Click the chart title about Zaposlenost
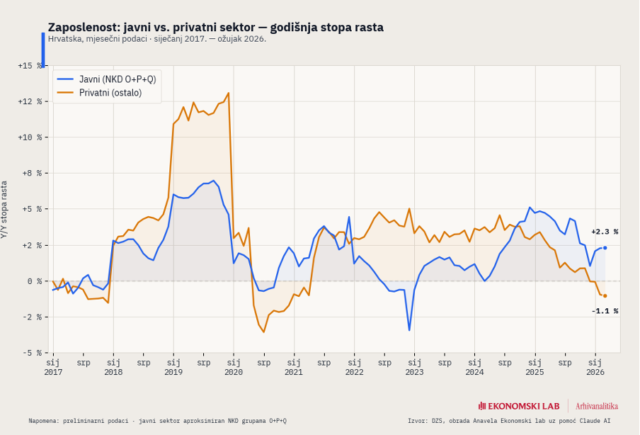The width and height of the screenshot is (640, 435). tap(215, 27)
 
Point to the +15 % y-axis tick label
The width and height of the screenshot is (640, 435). tap(30, 65)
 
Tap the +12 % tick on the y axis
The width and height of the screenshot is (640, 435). tap(30, 101)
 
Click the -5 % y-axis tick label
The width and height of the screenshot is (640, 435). tap(33, 353)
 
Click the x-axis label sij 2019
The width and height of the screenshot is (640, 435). tap(173, 367)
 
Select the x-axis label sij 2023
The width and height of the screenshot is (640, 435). tap(414, 367)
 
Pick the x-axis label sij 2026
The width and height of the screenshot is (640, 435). tap(595, 367)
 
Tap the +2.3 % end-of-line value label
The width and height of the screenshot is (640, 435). tap(605, 232)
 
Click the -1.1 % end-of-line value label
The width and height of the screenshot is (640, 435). tap(605, 311)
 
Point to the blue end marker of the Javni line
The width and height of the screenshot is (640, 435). tap(605, 248)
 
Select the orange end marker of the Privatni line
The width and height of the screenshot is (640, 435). tap(605, 296)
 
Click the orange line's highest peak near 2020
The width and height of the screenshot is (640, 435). tap(228, 93)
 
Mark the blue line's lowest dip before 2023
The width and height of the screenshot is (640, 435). tap(409, 330)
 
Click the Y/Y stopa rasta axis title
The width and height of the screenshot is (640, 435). tap(5, 209)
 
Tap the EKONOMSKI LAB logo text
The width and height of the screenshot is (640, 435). tap(519, 406)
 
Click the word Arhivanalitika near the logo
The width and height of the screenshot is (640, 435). tap(597, 406)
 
